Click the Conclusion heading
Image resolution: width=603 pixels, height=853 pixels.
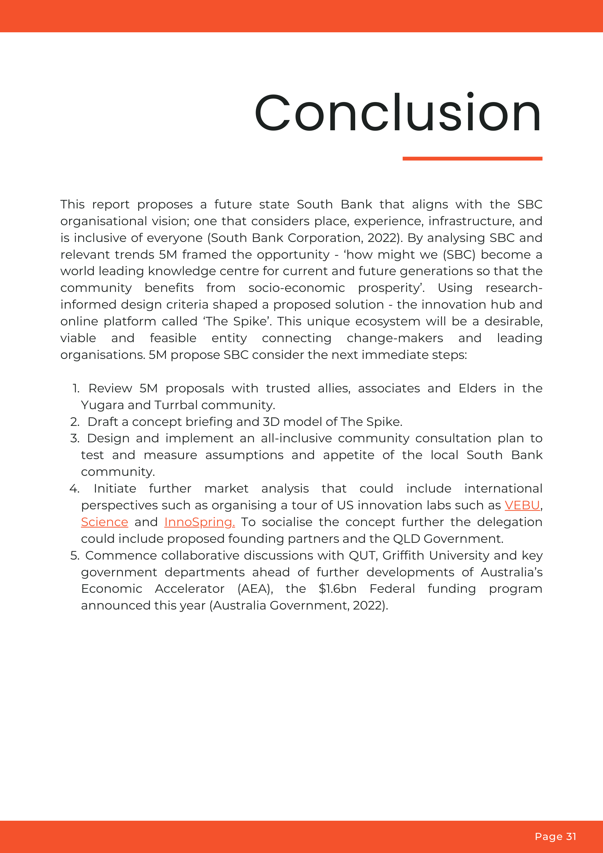(x=398, y=113)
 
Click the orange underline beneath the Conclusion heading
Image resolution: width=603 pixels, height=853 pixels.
(x=472, y=159)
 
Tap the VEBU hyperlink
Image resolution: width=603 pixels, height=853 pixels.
(x=522, y=505)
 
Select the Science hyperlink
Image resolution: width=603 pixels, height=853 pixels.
(x=105, y=522)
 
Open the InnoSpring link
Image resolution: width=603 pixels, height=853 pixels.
(x=199, y=522)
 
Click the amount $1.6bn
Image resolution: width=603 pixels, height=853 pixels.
(x=337, y=589)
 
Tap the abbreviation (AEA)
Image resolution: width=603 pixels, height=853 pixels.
(x=255, y=589)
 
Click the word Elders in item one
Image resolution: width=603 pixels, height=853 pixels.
(x=477, y=388)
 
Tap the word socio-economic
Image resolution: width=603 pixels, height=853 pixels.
(x=297, y=288)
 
